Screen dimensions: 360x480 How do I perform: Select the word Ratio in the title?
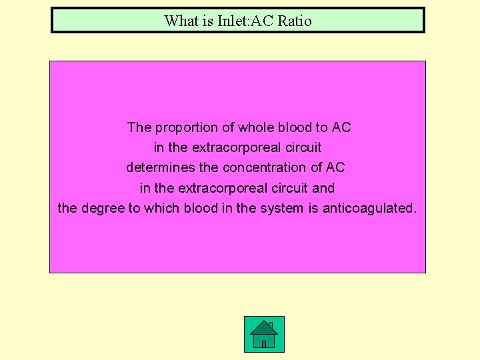pyautogui.click(x=295, y=21)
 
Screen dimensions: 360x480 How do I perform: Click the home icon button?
pyautogui.click(x=264, y=334)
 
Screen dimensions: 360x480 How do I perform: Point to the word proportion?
pyautogui.click(x=188, y=127)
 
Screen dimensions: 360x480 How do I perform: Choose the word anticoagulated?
pyautogui.click(x=369, y=208)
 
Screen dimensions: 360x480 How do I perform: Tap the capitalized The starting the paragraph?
pyautogui.click(x=139, y=127)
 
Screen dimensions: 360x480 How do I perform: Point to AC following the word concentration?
pyautogui.click(x=335, y=167)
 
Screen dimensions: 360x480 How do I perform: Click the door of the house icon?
pyautogui.click(x=264, y=343)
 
